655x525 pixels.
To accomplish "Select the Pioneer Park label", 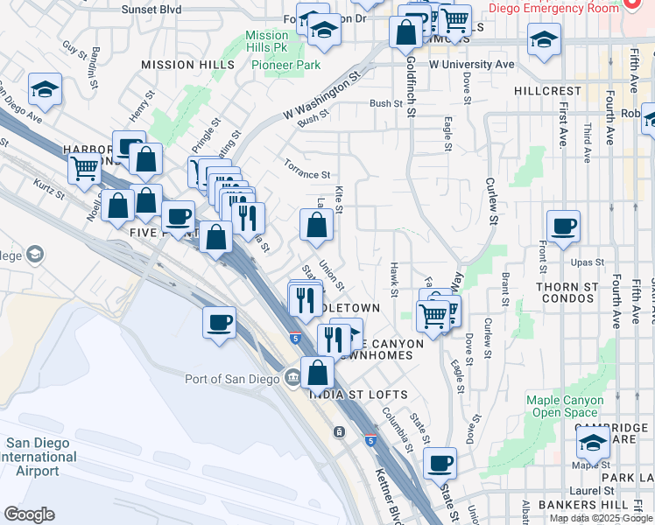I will pos(285,65).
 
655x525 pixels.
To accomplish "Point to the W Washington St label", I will pos(322,95).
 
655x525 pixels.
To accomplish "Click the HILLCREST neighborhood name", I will pos(547,91).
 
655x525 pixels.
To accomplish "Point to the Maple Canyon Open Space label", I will pos(565,406).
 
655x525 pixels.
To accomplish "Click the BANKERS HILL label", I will pos(583,505).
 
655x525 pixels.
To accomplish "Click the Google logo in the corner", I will pos(29,514).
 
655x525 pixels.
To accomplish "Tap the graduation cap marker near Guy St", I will pos(44,89).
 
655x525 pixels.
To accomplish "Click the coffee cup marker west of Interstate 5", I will pos(219,321).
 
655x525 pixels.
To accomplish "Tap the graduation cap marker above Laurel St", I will pos(593,443).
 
